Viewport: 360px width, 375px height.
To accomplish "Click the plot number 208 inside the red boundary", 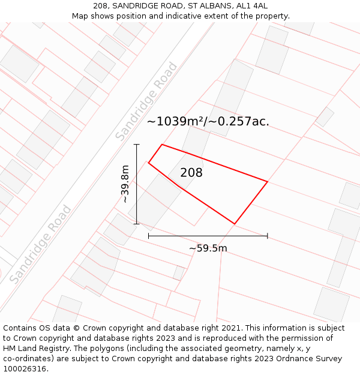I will (x=191, y=173).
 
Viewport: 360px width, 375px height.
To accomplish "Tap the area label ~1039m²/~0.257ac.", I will (x=208, y=121).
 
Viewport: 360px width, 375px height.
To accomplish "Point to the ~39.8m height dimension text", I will (x=125, y=184).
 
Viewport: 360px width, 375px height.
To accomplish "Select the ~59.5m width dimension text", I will (x=208, y=248).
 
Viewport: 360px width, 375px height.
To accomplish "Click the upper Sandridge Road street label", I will (x=146, y=102).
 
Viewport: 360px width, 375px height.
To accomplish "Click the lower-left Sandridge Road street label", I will (x=40, y=244).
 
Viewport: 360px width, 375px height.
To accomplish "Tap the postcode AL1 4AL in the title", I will (x=253, y=6).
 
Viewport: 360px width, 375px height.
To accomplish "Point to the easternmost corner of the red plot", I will (x=267, y=181).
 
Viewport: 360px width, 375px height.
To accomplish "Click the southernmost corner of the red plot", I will (x=234, y=224).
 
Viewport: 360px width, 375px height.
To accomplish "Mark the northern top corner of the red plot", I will (x=162, y=144).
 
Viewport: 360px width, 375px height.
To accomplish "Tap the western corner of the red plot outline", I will (x=148, y=163).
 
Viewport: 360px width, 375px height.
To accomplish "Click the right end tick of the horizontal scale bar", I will (x=267, y=236).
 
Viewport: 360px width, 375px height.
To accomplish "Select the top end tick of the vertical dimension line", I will (x=137, y=144).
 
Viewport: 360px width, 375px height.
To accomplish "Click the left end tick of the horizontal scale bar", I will (x=149, y=236).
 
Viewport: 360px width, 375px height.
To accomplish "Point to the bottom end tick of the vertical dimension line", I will (x=137, y=224).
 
